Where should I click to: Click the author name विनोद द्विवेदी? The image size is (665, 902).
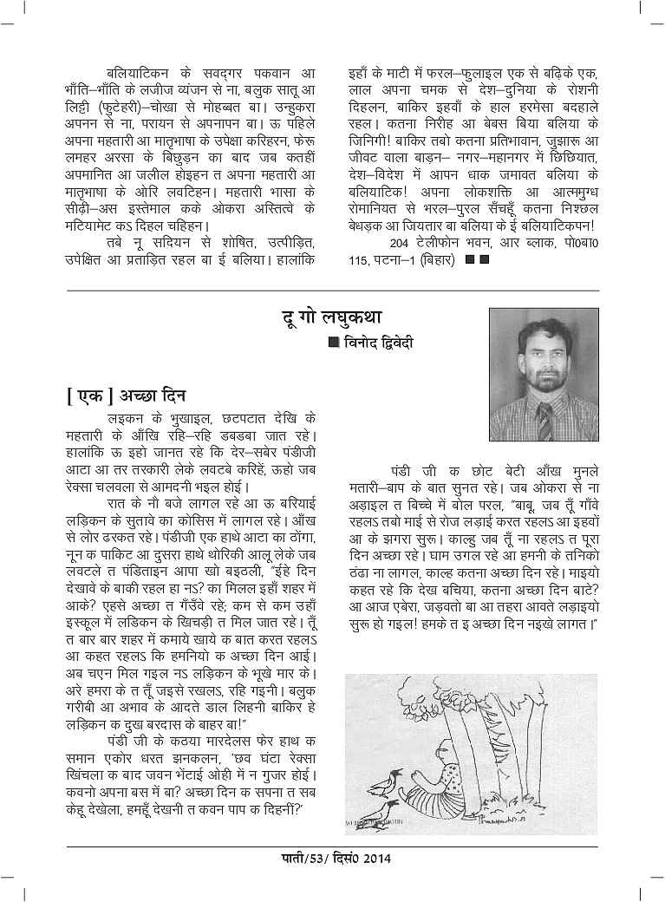point(379,343)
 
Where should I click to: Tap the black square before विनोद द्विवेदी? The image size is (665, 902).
point(333,343)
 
